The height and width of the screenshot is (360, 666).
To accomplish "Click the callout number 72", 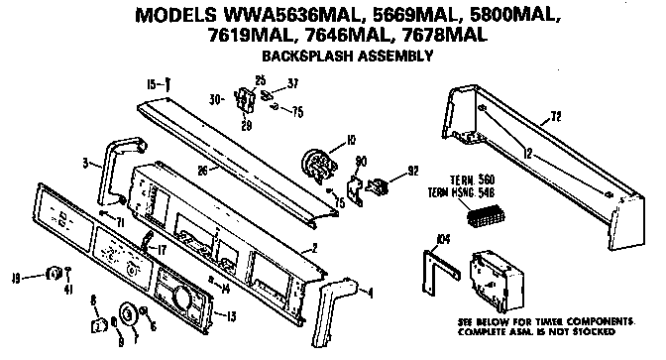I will click(x=555, y=116).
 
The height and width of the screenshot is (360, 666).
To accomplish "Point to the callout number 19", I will click(x=17, y=277).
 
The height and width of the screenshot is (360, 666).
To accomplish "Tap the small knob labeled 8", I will click(x=98, y=323).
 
